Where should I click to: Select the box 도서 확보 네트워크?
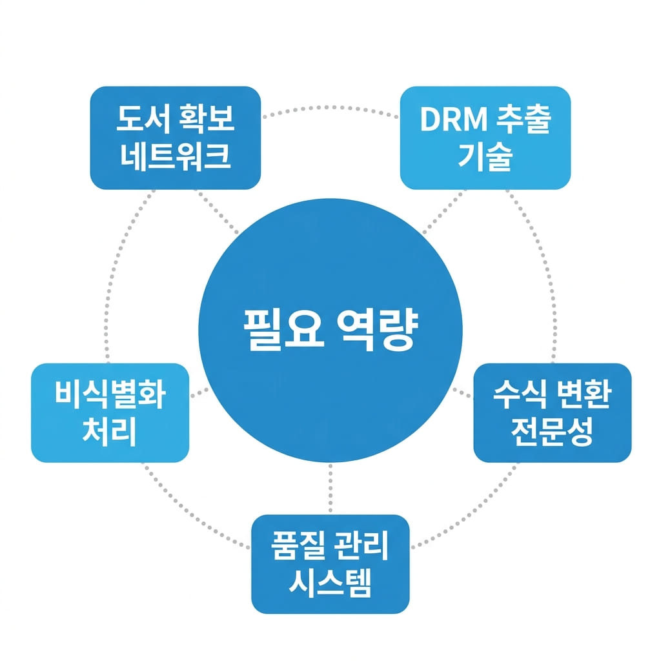tap(175, 137)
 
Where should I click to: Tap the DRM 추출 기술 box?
tap(485, 137)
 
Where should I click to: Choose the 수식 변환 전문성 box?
tap(552, 413)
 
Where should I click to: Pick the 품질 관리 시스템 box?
tap(330, 564)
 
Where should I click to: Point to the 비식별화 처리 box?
tap(110, 413)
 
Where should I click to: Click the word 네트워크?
tap(175, 157)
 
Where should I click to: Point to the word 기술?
tap(485, 157)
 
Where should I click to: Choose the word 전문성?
tap(552, 431)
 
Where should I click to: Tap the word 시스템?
tap(330, 583)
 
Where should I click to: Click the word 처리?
tap(110, 431)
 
